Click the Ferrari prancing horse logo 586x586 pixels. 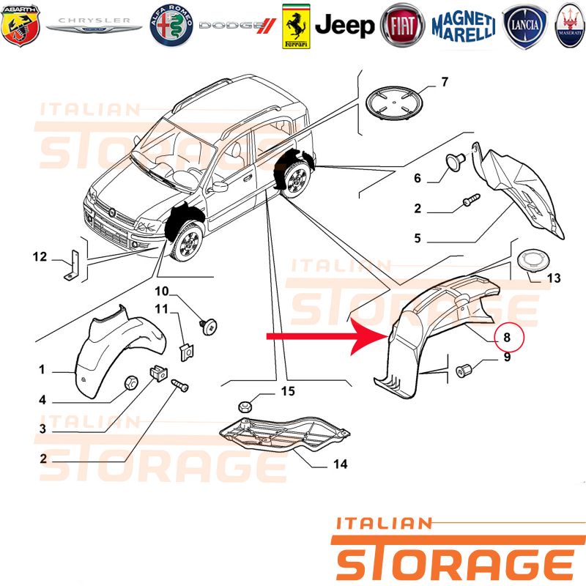click(296, 26)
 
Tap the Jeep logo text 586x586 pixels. click(344, 26)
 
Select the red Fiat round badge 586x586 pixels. click(402, 26)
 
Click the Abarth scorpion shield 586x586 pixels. click(21, 26)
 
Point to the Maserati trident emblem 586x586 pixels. click(571, 26)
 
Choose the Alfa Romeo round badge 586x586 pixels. click(171, 26)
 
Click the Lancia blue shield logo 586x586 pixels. click(524, 26)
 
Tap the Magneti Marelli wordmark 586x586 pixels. click(464, 26)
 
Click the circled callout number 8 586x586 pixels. click(508, 337)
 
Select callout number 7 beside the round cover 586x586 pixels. click(445, 82)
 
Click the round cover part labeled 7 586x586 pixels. click(393, 103)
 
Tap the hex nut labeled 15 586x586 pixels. click(245, 406)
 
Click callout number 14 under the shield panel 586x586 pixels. click(341, 464)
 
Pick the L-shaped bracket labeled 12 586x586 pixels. click(72, 265)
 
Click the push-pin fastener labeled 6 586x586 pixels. click(456, 162)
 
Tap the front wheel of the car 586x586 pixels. click(187, 242)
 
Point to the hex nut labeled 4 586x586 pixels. click(131, 382)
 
